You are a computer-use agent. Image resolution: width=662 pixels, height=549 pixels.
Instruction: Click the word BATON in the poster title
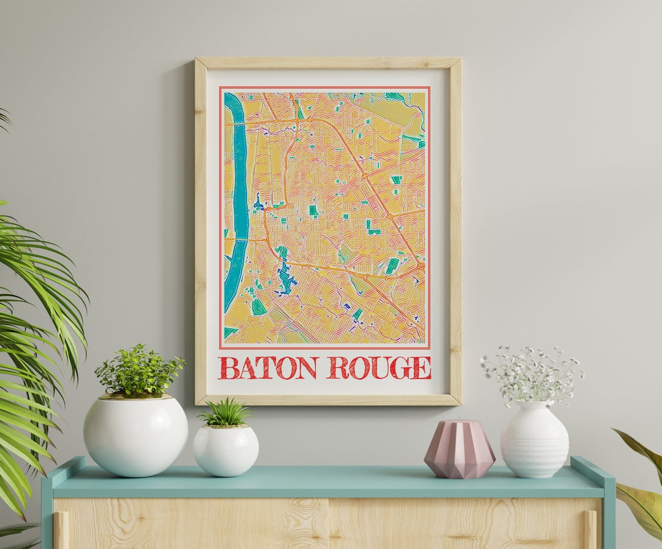(267, 368)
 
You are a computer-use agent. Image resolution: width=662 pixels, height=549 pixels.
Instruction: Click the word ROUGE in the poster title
(378, 368)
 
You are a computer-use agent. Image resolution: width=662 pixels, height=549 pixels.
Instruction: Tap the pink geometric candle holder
(459, 449)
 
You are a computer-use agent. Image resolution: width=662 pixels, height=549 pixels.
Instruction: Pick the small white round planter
(226, 450)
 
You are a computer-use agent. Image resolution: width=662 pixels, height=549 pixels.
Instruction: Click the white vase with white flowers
(534, 439)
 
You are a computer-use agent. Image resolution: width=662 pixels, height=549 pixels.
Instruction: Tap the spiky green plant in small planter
(225, 413)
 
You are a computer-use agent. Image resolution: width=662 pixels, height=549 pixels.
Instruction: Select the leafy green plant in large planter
(139, 371)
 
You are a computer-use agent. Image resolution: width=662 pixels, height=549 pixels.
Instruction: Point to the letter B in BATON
(228, 368)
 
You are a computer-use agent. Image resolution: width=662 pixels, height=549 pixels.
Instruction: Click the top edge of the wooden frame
(328, 62)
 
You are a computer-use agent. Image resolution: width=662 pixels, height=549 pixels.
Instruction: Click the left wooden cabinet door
(190, 524)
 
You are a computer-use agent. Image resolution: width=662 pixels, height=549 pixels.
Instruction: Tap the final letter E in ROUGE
(421, 368)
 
